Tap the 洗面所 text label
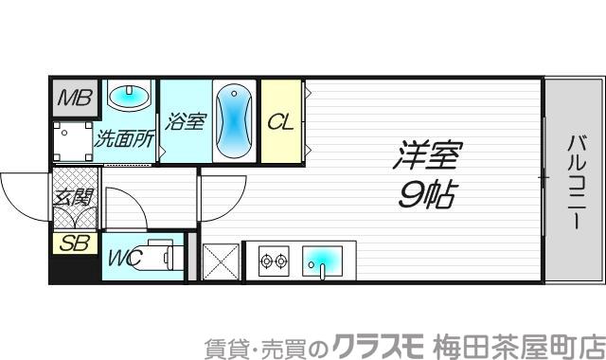click(x=125, y=139)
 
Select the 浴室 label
click(x=185, y=122)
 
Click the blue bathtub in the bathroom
click(x=233, y=120)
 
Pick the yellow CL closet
click(x=279, y=122)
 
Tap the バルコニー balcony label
click(x=575, y=182)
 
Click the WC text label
click(x=123, y=257)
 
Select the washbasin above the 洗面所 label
click(x=129, y=96)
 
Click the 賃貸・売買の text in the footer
click(x=267, y=343)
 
